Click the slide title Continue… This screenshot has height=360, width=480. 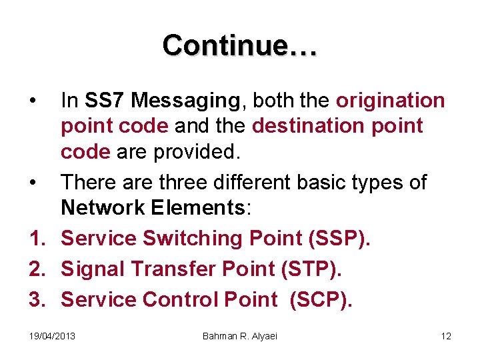coord(240,45)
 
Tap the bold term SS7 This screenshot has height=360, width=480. coord(103,101)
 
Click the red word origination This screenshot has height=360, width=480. coord(390,101)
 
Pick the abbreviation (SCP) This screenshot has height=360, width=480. coord(319,300)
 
